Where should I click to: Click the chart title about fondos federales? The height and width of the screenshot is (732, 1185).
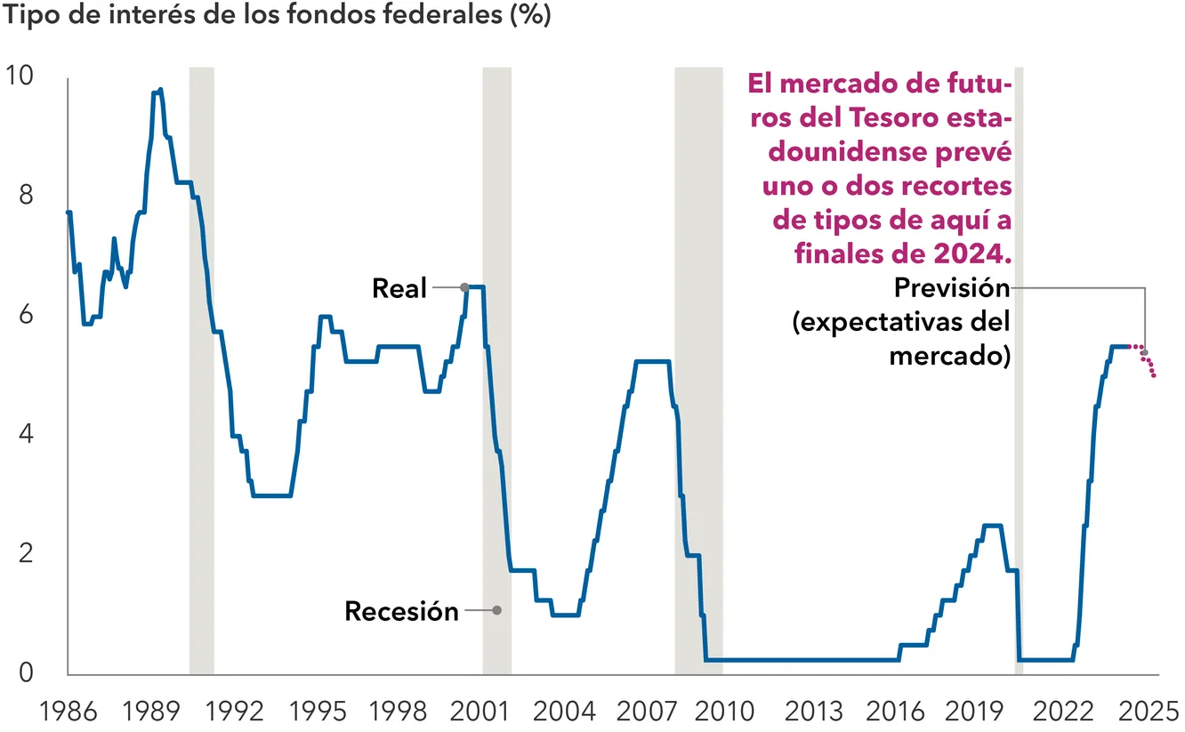tap(276, 15)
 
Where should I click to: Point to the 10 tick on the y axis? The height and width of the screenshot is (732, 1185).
tap(19, 75)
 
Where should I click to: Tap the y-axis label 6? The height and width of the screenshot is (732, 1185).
tap(26, 314)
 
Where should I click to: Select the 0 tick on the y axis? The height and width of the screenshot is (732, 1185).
tap(26, 672)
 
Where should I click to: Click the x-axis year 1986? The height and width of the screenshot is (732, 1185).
tap(69, 712)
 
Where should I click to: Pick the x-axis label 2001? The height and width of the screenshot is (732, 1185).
tap(480, 712)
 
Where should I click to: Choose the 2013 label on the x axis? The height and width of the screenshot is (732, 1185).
tap(814, 712)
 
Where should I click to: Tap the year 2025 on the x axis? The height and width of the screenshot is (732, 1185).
tap(1148, 712)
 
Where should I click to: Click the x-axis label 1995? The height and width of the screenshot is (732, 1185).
tap(318, 712)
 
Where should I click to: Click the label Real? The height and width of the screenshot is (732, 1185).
tap(399, 288)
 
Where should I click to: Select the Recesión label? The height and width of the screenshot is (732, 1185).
tap(401, 611)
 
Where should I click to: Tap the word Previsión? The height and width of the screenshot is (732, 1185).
tap(952, 288)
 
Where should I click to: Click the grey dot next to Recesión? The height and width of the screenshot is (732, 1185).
tap(496, 610)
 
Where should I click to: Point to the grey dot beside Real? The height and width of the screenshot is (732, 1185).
tap(464, 287)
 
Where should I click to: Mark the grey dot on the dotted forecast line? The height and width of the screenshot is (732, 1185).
tap(1144, 353)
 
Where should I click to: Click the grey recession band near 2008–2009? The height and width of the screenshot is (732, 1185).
tap(698, 370)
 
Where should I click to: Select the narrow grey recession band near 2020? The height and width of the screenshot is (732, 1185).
tap(1019, 370)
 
